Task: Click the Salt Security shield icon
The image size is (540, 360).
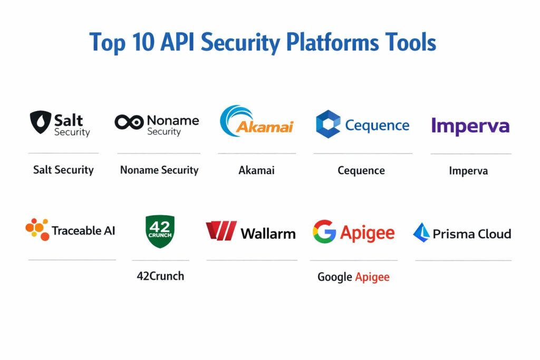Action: [40, 122]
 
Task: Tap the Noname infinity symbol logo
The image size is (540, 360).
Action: [129, 122]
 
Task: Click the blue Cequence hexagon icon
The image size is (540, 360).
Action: [328, 124]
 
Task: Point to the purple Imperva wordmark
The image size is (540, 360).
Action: [470, 127]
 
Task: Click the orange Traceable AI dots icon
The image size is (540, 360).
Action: [37, 229]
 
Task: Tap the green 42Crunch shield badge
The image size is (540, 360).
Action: [159, 231]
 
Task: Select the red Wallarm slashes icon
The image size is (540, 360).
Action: [221, 231]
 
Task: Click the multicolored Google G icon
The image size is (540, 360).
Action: [324, 231]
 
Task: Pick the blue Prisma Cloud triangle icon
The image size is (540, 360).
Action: [421, 232]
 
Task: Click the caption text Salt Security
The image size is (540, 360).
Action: [63, 170]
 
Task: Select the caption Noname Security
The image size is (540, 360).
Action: [159, 170]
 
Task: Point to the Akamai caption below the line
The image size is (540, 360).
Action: [256, 170]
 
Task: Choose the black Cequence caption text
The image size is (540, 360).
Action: [361, 170]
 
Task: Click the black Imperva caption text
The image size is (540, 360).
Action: [468, 170]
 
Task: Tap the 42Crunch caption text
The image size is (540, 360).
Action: [160, 276]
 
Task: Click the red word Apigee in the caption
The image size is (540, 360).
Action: [372, 277]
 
